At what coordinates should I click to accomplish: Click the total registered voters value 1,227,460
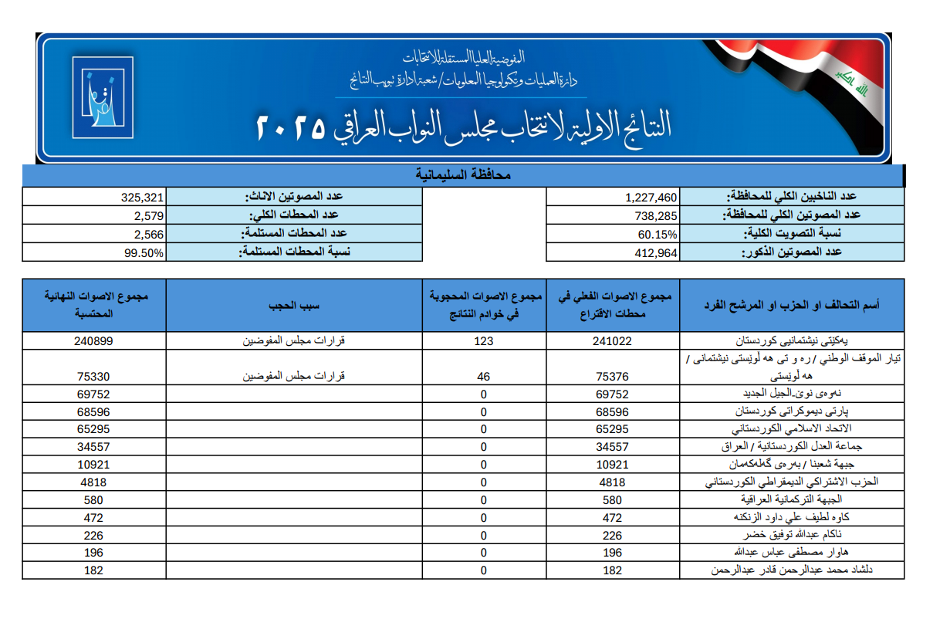click(x=651, y=198)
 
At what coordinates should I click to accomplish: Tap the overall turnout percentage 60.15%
click(x=658, y=235)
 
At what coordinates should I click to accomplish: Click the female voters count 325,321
click(x=144, y=198)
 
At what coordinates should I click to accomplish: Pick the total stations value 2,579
click(x=149, y=216)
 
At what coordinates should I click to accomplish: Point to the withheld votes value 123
click(x=484, y=341)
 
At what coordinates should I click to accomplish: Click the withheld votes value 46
click(x=484, y=377)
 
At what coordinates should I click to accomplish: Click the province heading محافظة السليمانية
click(x=463, y=176)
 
